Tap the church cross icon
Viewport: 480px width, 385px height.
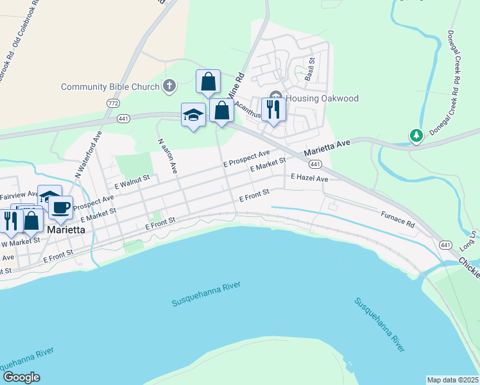pos(169,85)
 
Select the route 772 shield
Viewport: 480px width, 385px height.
pos(114,103)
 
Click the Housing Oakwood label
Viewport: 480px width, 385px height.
pos(321,98)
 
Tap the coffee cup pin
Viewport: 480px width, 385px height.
pos(60,207)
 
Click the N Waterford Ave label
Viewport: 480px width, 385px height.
pos(87,155)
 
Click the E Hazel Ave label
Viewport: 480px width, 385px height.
pos(309,178)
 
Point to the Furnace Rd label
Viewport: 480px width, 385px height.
pos(398,219)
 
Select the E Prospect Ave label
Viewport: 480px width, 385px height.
pos(246,160)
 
